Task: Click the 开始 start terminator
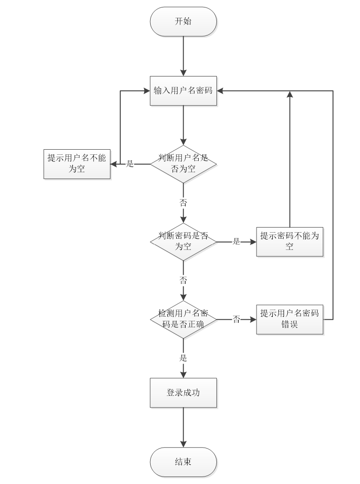183,21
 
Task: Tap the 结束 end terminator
183,462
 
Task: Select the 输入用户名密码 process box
183,90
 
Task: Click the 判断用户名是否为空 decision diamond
183,164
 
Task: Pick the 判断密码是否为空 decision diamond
183,242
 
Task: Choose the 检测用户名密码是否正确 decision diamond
183,319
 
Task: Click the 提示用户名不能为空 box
77,164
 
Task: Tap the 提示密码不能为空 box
290,242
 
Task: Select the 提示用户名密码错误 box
290,319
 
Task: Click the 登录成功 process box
183,393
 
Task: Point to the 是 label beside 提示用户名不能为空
130,164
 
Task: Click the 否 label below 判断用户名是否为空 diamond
183,203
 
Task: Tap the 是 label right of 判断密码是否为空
236,242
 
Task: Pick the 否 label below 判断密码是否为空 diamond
183,280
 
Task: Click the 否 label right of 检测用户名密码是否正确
236,319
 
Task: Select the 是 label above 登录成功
183,358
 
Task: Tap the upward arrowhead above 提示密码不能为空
290,95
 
